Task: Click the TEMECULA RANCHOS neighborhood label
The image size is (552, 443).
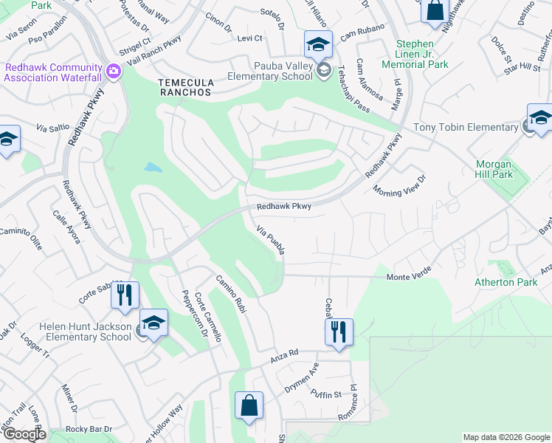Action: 185,87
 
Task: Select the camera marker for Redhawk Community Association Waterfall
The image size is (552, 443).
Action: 113,71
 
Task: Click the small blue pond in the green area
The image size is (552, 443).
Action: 153,168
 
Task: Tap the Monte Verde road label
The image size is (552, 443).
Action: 407,276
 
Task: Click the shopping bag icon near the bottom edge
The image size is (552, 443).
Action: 249,405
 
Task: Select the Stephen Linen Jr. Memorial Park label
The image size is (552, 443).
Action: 432,55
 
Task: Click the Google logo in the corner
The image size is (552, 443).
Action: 24,435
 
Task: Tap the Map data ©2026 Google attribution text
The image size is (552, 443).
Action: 506,437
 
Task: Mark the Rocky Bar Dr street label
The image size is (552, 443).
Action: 88,429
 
